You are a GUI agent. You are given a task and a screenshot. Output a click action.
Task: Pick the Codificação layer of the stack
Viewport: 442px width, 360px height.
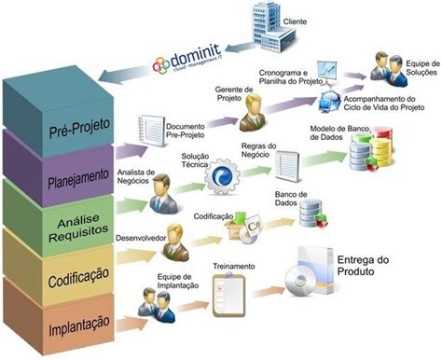click(x=57, y=277)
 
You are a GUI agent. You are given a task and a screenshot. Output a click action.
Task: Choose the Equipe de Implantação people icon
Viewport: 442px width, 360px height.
click(x=153, y=304)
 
